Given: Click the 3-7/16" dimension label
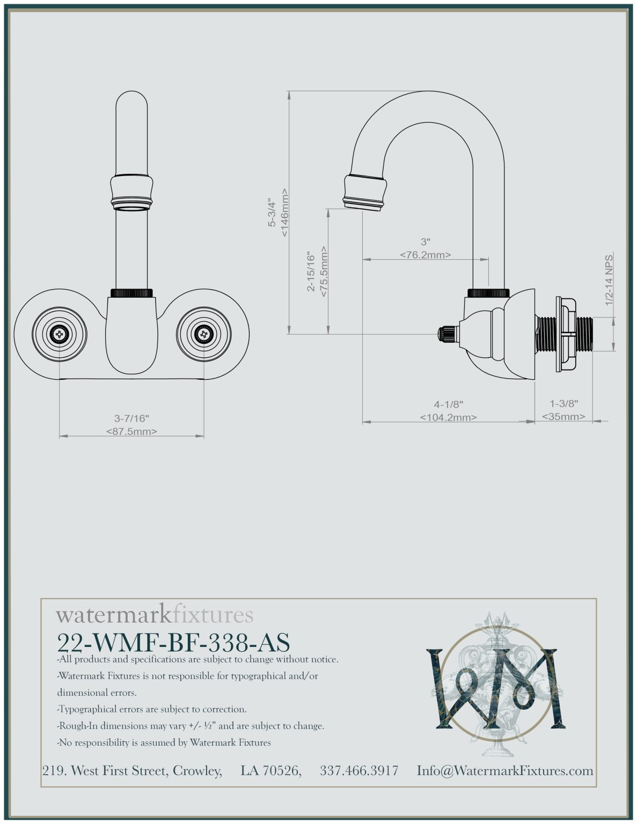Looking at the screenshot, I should click(x=131, y=418).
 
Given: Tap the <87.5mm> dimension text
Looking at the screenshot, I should click(x=131, y=431).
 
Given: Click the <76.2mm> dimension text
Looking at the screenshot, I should click(x=425, y=255).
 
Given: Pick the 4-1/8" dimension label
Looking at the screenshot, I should click(x=448, y=404).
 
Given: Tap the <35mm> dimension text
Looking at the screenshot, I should click(x=563, y=416).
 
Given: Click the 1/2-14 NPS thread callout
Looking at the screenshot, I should click(x=609, y=280).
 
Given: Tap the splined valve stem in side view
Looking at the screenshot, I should click(x=446, y=334).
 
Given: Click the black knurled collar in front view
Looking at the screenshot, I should click(x=132, y=293).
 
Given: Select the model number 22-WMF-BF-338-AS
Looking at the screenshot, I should click(x=173, y=642).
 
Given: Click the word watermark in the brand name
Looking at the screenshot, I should click(x=113, y=615).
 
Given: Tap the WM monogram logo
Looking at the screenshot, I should click(x=492, y=686).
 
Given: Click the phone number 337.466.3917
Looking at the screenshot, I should click(x=359, y=771).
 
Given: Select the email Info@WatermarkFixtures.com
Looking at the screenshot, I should click(x=505, y=771).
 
